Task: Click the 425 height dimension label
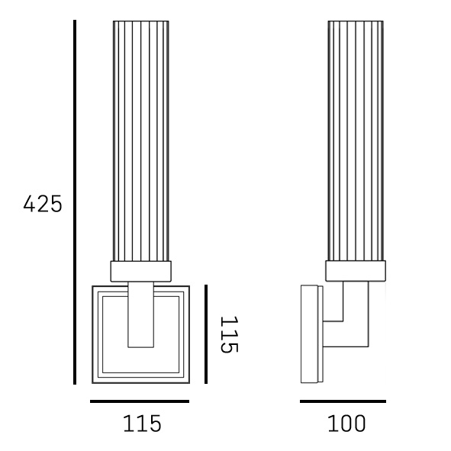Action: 43,204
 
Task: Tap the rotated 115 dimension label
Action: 229,334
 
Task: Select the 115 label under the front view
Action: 142,424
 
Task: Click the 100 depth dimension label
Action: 346,424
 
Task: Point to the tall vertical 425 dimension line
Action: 75,202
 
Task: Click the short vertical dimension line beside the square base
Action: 206,334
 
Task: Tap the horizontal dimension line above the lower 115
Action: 140,401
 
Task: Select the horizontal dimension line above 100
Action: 343,401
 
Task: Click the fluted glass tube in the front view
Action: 141,141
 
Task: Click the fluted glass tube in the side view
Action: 356,141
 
